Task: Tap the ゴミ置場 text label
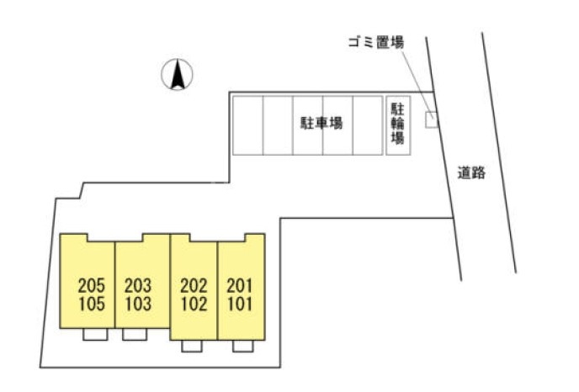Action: point(376,41)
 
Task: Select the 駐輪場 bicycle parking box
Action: point(396,124)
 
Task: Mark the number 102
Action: point(194,303)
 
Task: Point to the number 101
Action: point(240,303)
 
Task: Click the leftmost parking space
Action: point(247,124)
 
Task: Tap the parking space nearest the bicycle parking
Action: point(368,124)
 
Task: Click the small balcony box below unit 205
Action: point(95,334)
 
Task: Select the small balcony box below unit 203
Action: point(134,334)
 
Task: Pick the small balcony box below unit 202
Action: point(193,345)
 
